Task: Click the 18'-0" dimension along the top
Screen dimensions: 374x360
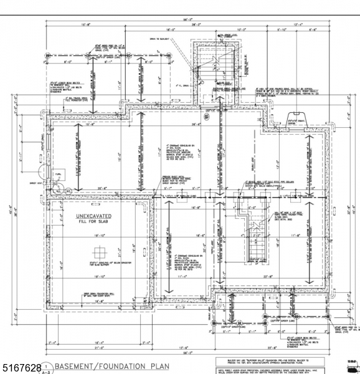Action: [169, 29]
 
